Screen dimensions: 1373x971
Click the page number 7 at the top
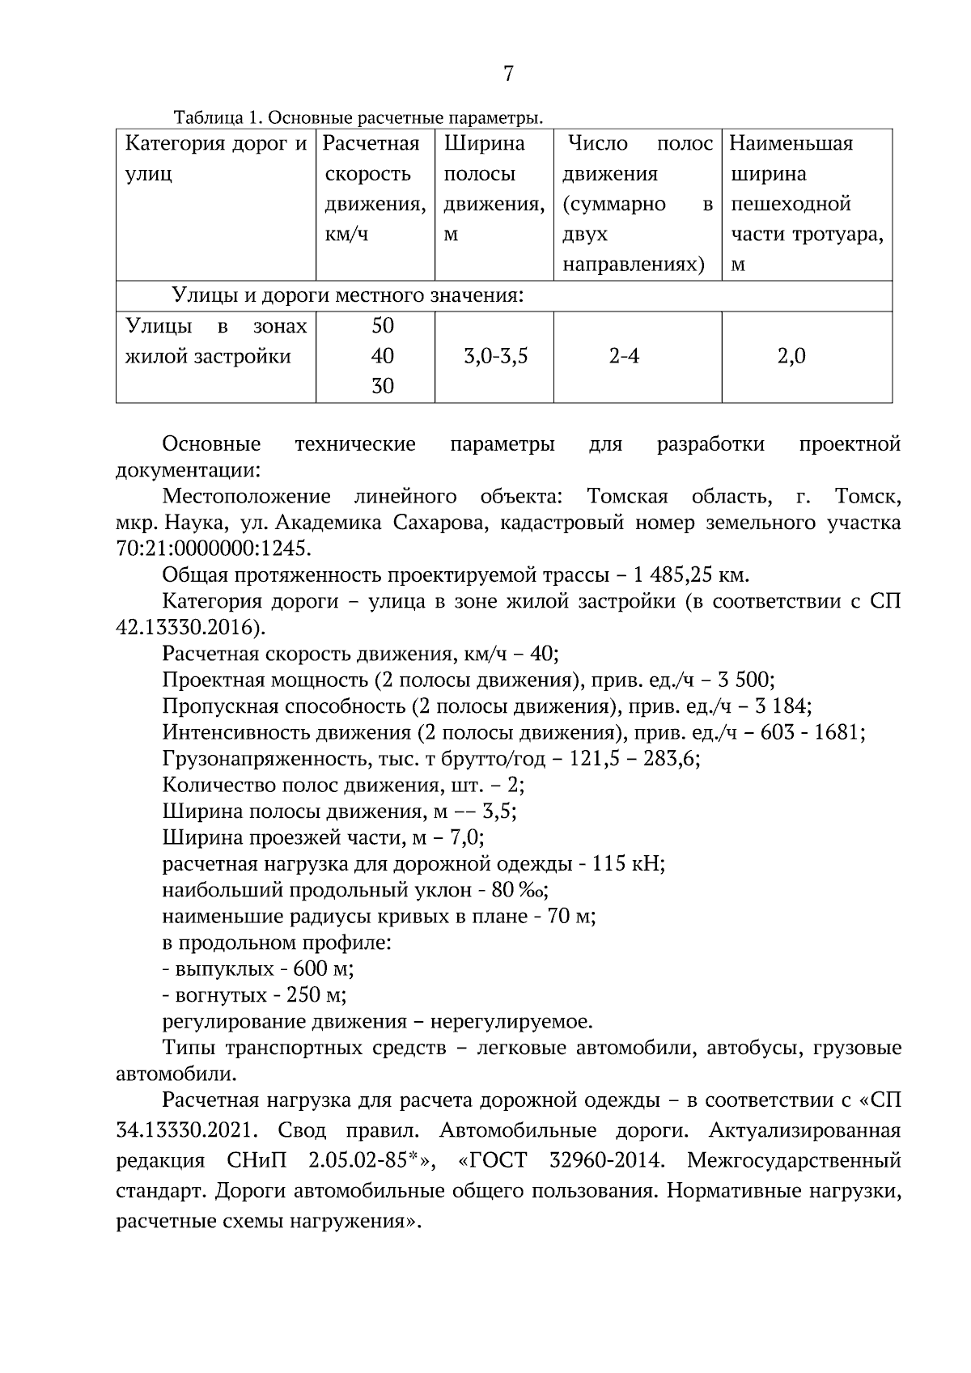pyautogui.click(x=507, y=74)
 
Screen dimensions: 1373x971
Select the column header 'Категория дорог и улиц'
pyautogui.click(x=215, y=159)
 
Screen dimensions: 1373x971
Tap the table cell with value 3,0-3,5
pyautogui.click(x=495, y=356)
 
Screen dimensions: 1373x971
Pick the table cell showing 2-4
pyautogui.click(x=624, y=356)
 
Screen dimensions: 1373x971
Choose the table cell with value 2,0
pyautogui.click(x=791, y=356)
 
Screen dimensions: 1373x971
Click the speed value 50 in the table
pyautogui.click(x=382, y=326)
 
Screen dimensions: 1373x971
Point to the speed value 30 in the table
pyautogui.click(x=382, y=387)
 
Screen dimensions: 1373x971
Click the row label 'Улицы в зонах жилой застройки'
pyautogui.click(x=215, y=341)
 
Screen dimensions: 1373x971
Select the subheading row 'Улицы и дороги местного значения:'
pyautogui.click(x=348, y=296)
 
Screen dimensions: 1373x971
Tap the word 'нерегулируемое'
pyautogui.click(x=511, y=1021)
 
